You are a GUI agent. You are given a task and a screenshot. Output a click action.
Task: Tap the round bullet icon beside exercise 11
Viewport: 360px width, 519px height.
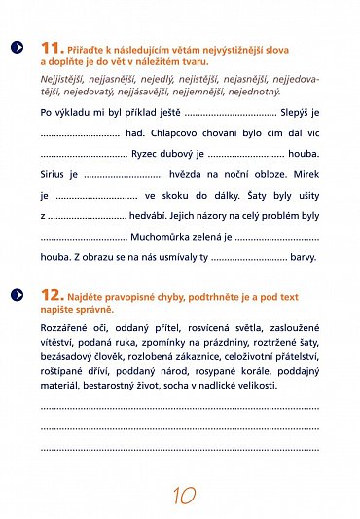click(16, 47)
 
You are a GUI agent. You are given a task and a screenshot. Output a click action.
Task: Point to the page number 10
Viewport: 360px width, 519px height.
click(180, 496)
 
